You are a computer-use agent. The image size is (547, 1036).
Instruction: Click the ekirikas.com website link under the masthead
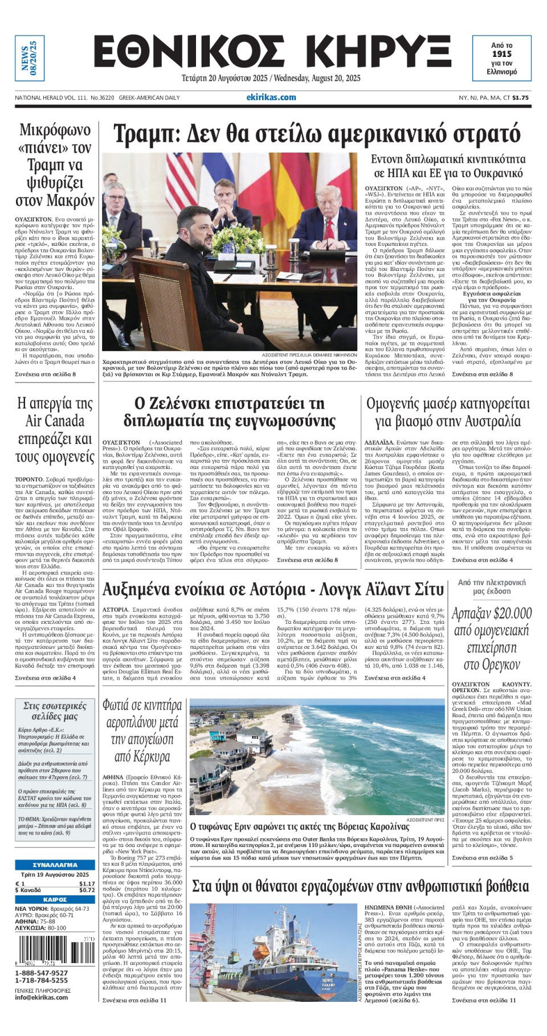(x=271, y=97)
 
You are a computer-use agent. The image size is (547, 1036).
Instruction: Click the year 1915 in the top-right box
(x=502, y=54)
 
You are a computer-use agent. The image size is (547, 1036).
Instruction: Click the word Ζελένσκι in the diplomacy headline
(x=181, y=403)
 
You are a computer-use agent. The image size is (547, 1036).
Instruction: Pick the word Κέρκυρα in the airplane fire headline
(x=141, y=757)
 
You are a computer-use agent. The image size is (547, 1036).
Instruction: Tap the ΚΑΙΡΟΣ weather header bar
(x=55, y=899)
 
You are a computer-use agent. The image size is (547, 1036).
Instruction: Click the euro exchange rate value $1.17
(x=87, y=884)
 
